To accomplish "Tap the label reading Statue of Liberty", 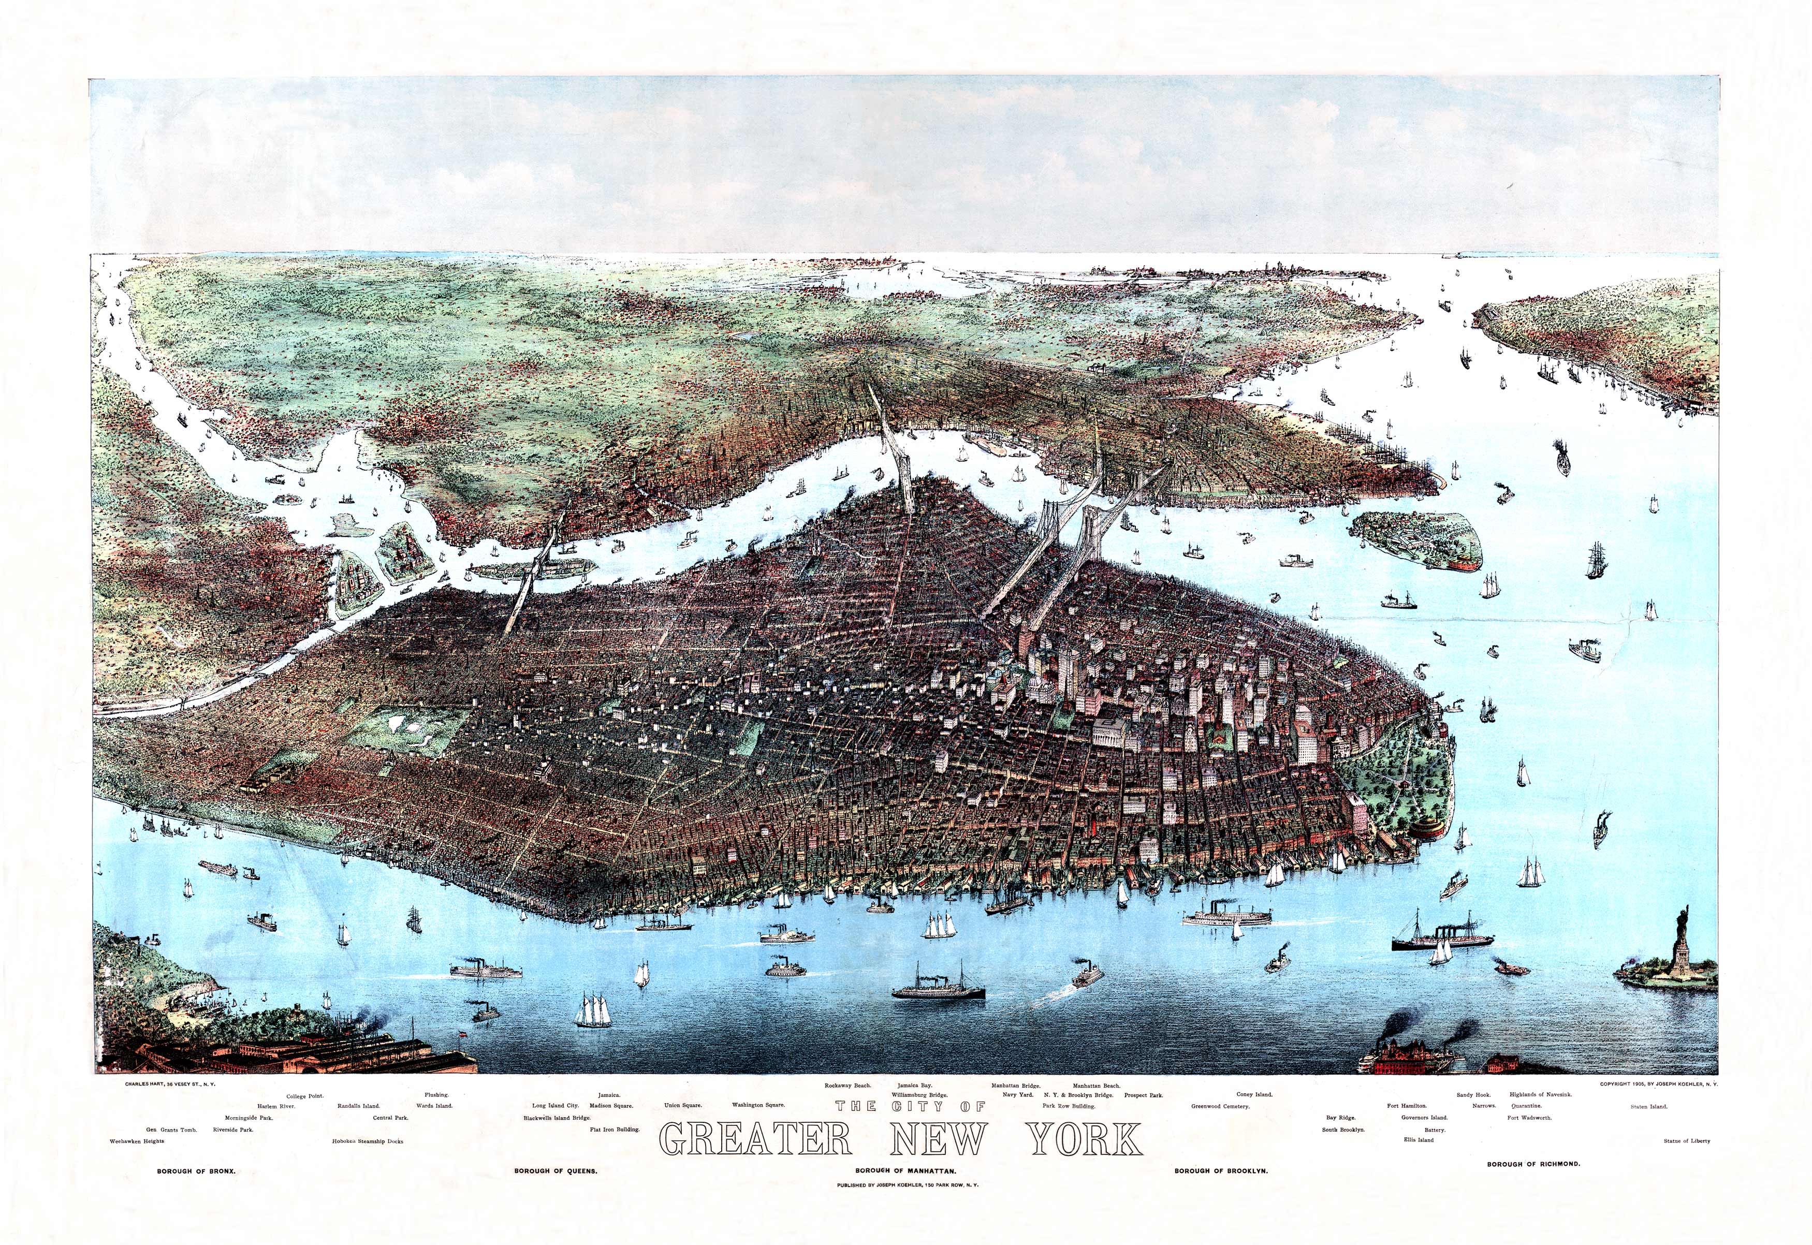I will [x=1686, y=1140].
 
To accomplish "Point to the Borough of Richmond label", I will [x=1533, y=1164].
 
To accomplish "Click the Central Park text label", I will [x=390, y=1118].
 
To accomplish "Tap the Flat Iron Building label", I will [x=615, y=1129].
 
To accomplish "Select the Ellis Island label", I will [x=1418, y=1140].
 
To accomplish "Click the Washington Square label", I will [x=757, y=1105].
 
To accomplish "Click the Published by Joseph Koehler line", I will [x=907, y=1185].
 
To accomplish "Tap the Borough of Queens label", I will [x=556, y=1171].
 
